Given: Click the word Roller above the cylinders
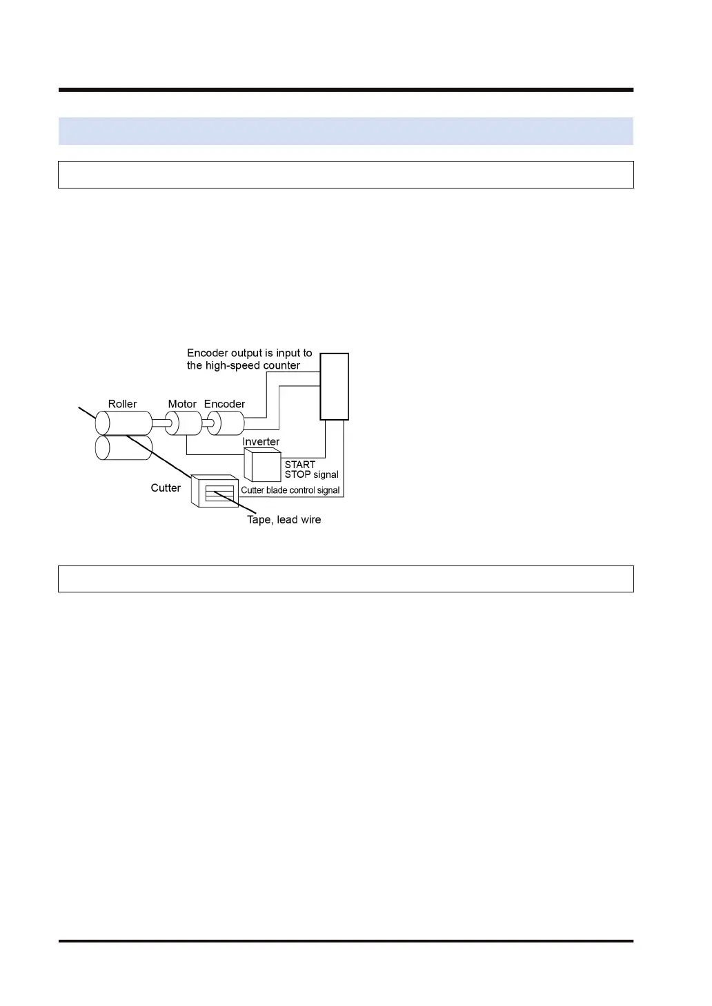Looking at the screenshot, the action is pyautogui.click(x=122, y=404).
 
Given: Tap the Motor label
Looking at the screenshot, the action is pyautogui.click(x=182, y=404).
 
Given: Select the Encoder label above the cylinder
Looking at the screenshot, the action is pyautogui.click(x=224, y=404).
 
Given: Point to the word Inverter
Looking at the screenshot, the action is pyautogui.click(x=261, y=442).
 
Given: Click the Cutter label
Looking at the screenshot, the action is pyautogui.click(x=166, y=488).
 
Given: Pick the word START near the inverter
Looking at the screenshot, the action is pyautogui.click(x=300, y=465).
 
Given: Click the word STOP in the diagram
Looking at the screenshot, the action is pyautogui.click(x=297, y=475).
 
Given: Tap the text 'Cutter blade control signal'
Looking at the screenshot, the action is pyautogui.click(x=290, y=490).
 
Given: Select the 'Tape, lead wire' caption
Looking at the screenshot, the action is pyautogui.click(x=284, y=520).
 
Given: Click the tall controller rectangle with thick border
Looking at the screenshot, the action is pyautogui.click(x=334, y=387).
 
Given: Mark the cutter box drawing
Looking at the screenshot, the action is pyautogui.click(x=215, y=492).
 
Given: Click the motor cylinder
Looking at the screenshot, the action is pyautogui.click(x=183, y=423).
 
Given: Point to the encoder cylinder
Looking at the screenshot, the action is pyautogui.click(x=226, y=423).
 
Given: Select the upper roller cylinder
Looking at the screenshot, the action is pyautogui.click(x=123, y=423).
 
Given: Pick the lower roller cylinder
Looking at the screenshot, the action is pyautogui.click(x=123, y=447).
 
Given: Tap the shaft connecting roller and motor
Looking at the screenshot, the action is pyautogui.click(x=159, y=423).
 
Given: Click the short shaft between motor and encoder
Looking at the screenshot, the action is pyautogui.click(x=204, y=423).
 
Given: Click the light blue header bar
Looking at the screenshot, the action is pyautogui.click(x=346, y=131).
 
